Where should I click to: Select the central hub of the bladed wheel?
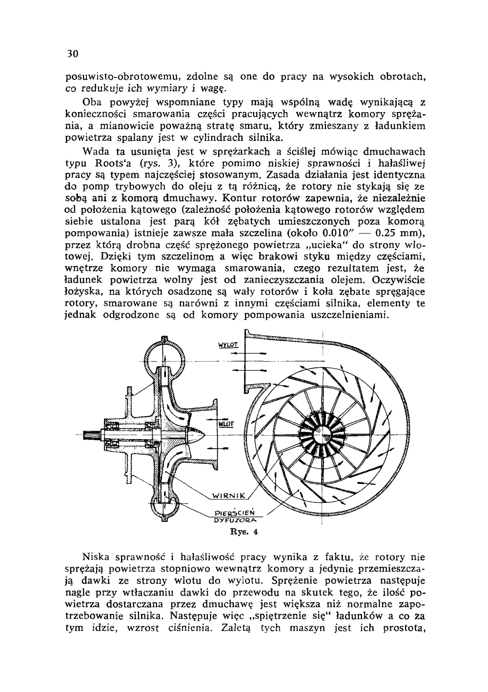323,431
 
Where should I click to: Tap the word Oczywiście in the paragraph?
398,280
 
